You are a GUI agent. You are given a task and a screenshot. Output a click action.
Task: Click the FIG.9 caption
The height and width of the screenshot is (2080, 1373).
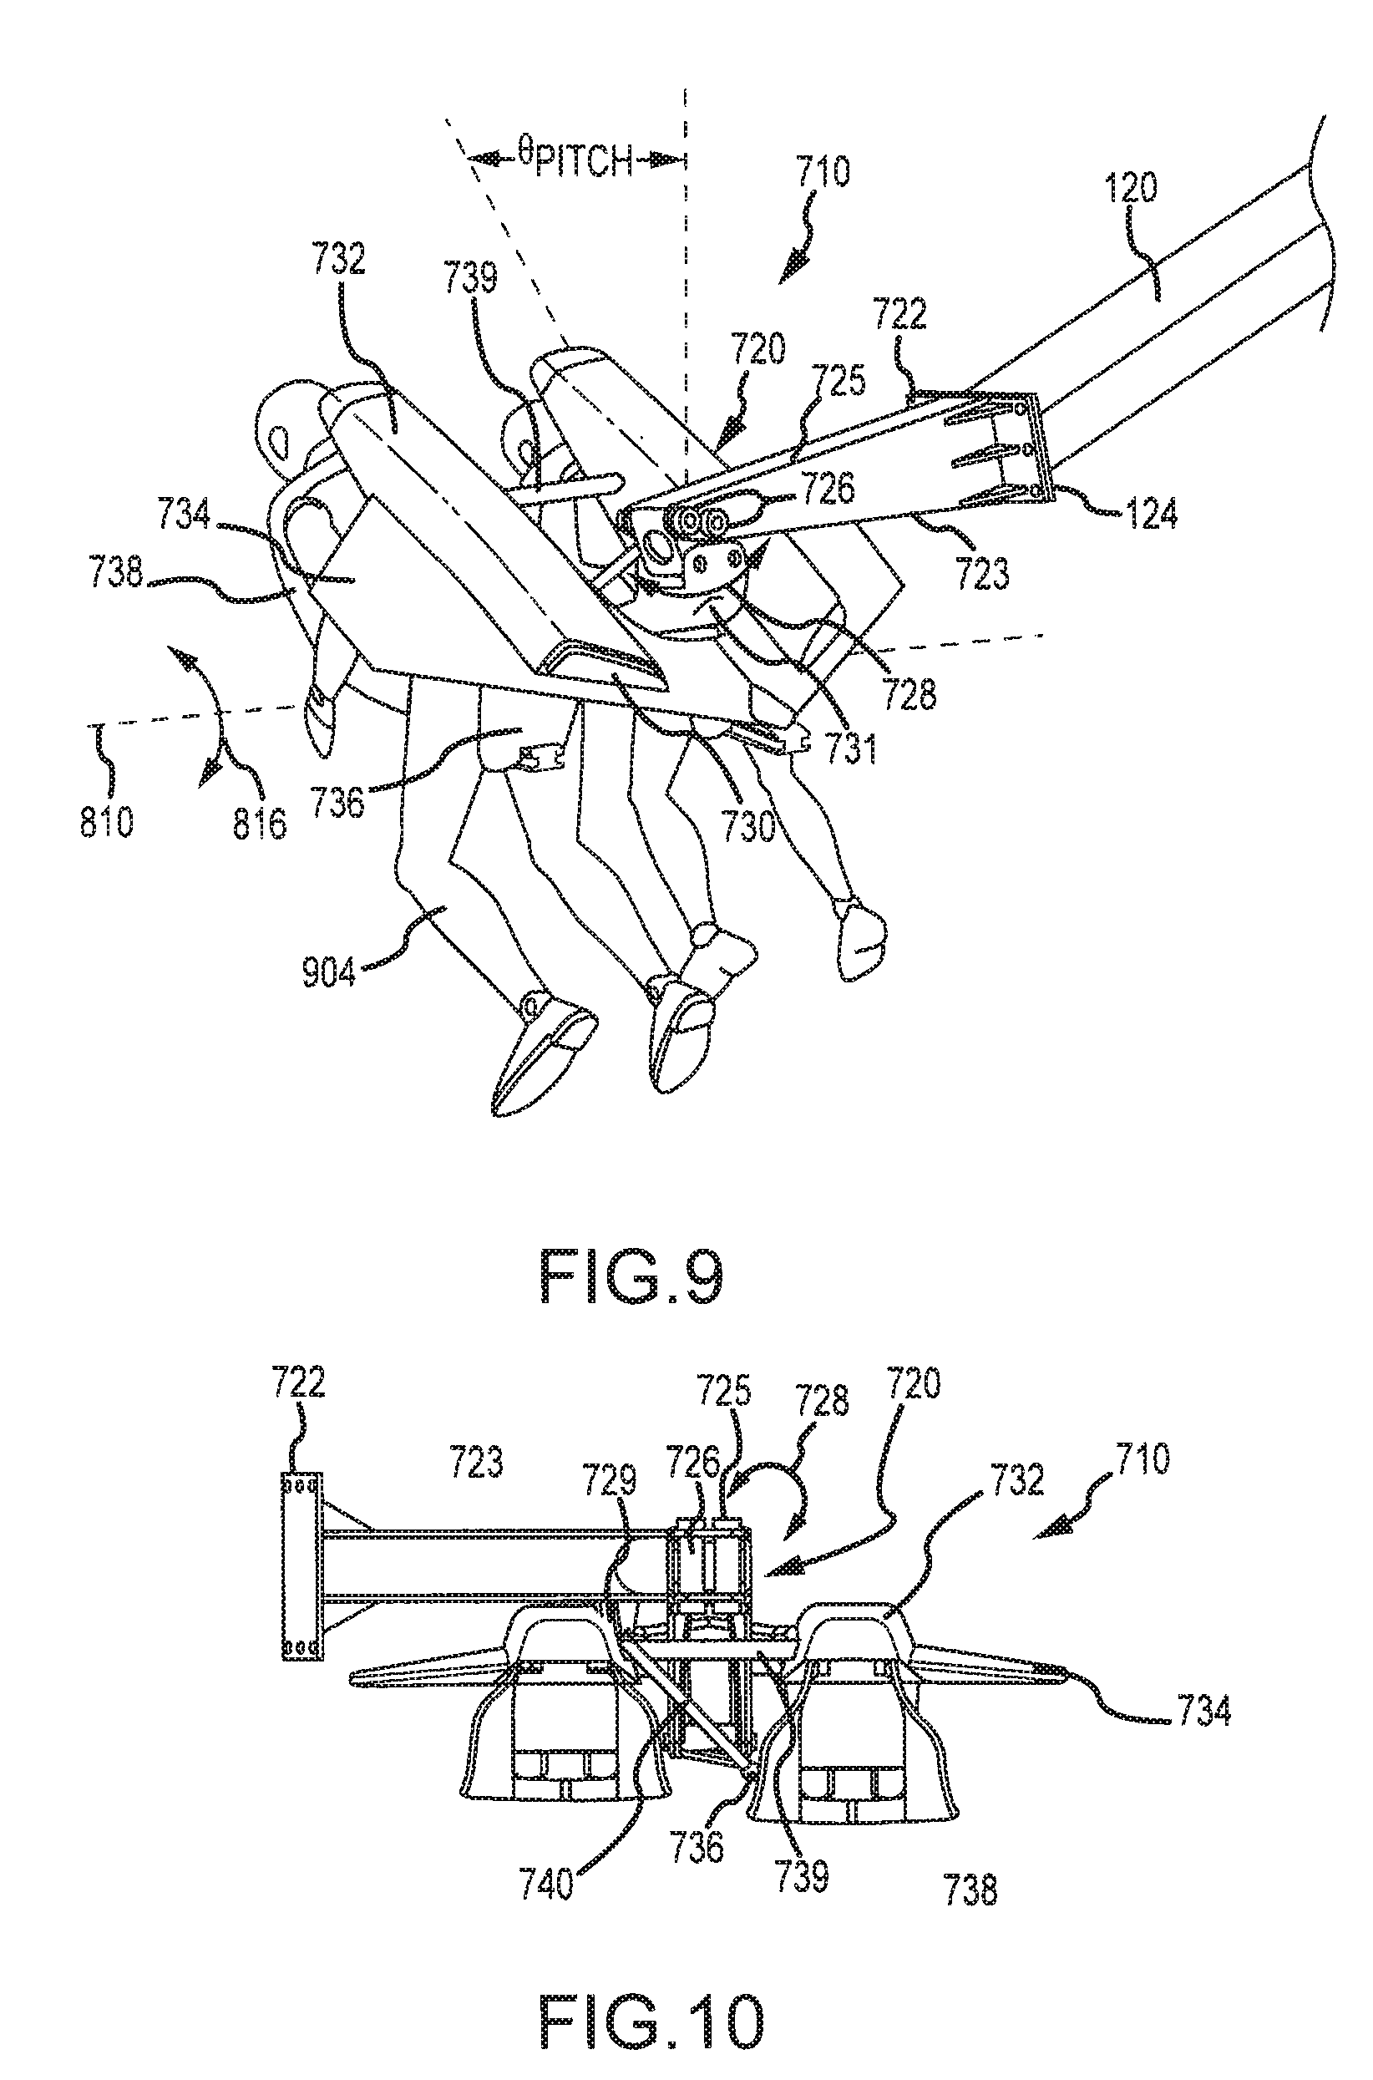[x=632, y=1278]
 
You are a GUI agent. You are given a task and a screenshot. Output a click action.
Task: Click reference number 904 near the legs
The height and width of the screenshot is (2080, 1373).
[x=329, y=972]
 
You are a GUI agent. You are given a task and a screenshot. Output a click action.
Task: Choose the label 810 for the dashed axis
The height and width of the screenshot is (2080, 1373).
[x=107, y=821]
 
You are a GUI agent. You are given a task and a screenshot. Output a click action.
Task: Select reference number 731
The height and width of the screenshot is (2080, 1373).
[x=851, y=748]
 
